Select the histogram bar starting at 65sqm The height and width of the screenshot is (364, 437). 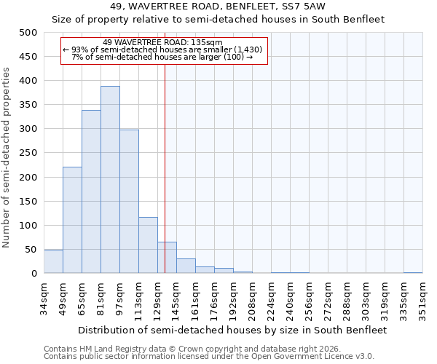pyautogui.click(x=91, y=192)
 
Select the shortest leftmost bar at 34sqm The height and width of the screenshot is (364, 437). pyautogui.click(x=53, y=261)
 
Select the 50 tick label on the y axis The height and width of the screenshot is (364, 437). pyautogui.click(x=30, y=250)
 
